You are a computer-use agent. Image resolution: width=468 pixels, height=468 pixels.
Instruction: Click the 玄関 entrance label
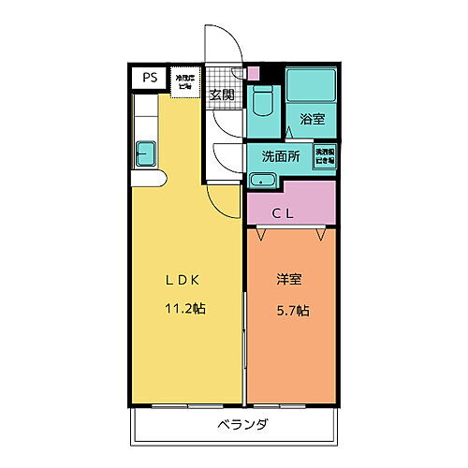[221, 95]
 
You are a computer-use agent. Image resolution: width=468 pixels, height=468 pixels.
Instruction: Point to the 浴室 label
[312, 119]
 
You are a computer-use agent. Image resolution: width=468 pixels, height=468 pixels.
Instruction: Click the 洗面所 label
[280, 156]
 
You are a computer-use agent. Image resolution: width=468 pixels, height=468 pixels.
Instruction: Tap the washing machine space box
[325, 155]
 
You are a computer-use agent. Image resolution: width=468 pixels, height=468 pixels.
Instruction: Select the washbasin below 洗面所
[264, 179]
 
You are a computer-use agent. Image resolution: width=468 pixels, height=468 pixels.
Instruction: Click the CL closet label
[283, 213]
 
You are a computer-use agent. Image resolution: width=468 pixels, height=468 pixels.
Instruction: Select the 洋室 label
[287, 280]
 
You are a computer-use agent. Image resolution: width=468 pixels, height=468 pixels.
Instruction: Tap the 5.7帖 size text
[292, 311]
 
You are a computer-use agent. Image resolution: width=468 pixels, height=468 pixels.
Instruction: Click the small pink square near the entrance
[250, 73]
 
